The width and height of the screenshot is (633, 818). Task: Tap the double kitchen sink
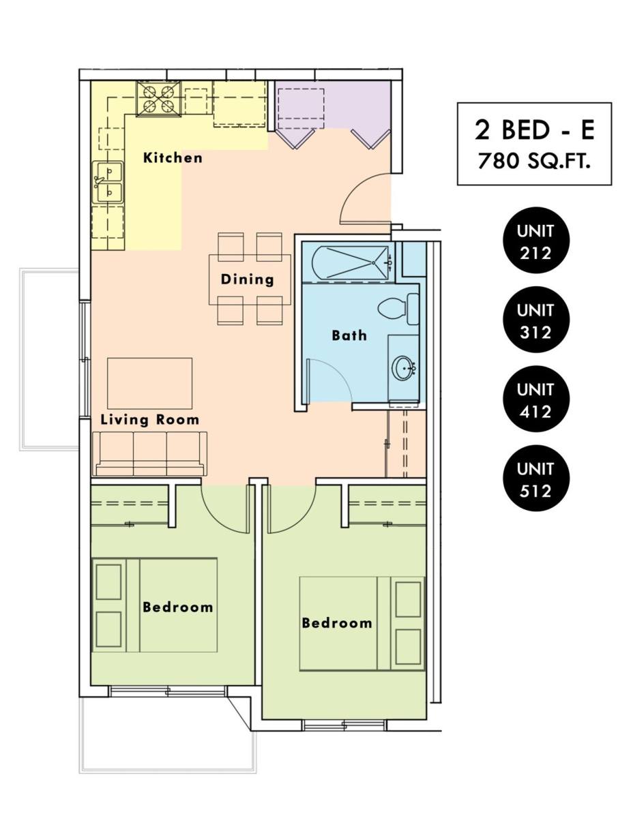(x=108, y=183)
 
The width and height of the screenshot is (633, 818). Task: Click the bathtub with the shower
(x=351, y=262)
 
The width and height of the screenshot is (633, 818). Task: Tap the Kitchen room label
(x=173, y=157)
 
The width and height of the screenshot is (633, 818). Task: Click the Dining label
(x=247, y=279)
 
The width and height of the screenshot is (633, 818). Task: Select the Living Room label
(x=149, y=420)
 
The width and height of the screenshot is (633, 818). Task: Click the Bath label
(x=349, y=335)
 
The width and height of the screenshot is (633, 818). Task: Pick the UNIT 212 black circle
(x=535, y=241)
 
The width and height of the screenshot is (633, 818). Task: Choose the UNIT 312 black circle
(x=535, y=320)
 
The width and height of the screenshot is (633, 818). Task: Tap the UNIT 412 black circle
(x=535, y=399)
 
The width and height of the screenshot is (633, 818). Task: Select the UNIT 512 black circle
(x=535, y=479)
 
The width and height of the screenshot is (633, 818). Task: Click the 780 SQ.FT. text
(x=533, y=162)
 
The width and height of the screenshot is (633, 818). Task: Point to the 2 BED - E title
(x=534, y=130)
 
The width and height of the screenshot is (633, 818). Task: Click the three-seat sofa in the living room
(x=150, y=453)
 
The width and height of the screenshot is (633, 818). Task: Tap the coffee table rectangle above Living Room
(x=149, y=383)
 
